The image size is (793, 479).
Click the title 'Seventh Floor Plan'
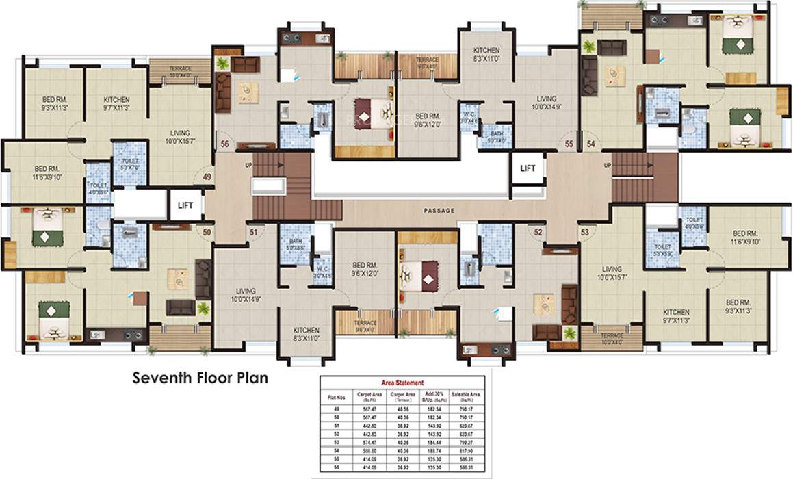[x=200, y=377]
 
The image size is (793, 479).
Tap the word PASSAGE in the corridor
[x=439, y=211]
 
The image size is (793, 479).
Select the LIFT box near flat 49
[x=185, y=205]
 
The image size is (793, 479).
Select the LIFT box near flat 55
[x=528, y=168]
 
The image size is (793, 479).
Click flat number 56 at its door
[x=224, y=144]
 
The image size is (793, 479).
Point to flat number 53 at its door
[x=584, y=233]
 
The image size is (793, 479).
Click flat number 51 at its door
[x=253, y=233]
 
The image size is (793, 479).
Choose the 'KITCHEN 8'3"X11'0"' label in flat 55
[x=486, y=55]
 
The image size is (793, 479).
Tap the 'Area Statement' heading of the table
[x=402, y=383]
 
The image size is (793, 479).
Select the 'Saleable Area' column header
[x=469, y=397]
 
